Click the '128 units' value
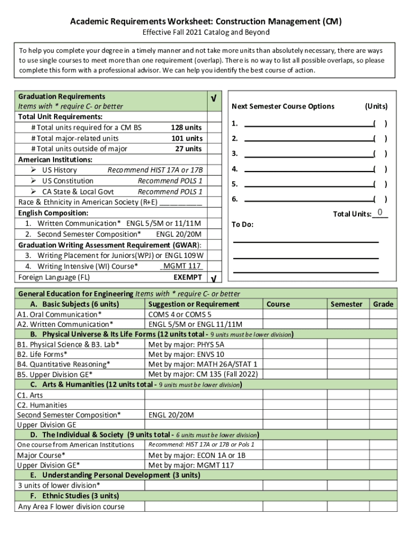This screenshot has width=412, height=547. tap(186, 128)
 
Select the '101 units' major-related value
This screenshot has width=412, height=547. tap(186, 138)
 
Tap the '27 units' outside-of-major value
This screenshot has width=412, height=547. tap(188, 149)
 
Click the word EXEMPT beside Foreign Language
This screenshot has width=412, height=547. tap(188, 277)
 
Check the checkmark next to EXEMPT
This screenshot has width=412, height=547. tap(214, 279)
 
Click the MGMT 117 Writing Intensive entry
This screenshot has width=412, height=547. tap(182, 266)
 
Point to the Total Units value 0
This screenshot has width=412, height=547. tap(379, 213)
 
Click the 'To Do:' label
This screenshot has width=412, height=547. tap(242, 224)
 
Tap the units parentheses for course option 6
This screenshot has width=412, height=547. tap(380, 200)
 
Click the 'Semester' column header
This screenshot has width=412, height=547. tap(346, 304)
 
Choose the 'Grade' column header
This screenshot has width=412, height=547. tap(383, 304)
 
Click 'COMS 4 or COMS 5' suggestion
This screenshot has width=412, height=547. tap(180, 315)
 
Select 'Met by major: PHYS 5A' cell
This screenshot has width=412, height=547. tap(186, 345)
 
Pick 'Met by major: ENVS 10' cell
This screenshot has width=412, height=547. tap(186, 354)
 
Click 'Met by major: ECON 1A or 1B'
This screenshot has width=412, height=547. tap(197, 455)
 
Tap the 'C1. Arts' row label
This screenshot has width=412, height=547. tap(30, 395)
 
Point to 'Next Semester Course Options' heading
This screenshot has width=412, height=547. tap(283, 106)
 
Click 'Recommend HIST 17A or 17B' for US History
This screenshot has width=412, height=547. tap(155, 170)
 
